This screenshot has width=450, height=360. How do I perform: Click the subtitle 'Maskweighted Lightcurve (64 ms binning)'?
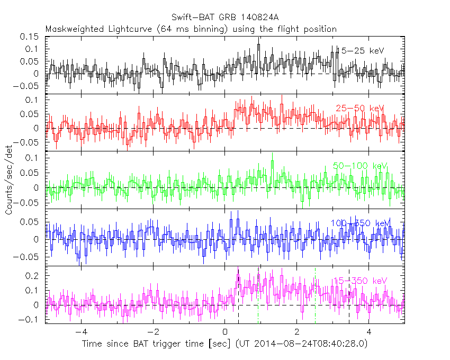pyautogui.click(x=137, y=29)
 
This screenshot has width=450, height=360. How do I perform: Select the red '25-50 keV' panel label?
pyautogui.click(x=359, y=108)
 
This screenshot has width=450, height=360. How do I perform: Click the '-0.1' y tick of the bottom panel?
pyautogui.click(x=31, y=319)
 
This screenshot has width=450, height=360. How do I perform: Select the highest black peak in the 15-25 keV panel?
pyautogui.click(x=258, y=46)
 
